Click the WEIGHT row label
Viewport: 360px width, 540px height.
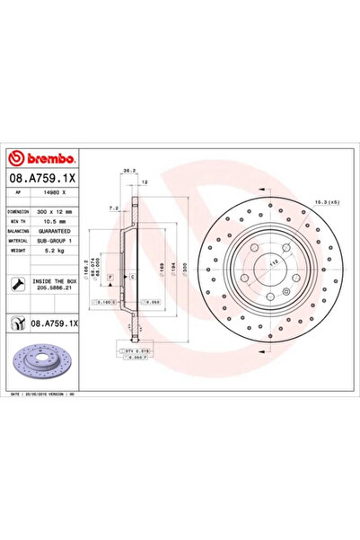(x=19, y=251)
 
